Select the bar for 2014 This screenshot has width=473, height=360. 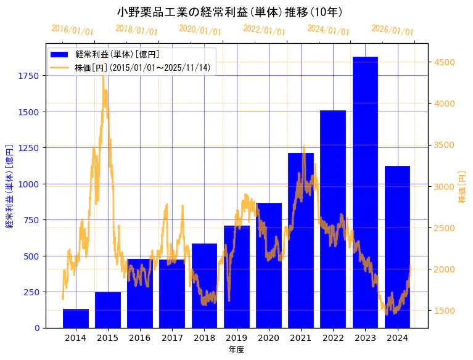[76, 318]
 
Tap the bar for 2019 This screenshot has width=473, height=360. [237, 277]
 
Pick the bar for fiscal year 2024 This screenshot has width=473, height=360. [397, 247]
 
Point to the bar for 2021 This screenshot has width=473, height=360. [301, 240]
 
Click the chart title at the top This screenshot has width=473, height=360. [229, 12]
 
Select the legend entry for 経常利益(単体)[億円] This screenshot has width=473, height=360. [117, 55]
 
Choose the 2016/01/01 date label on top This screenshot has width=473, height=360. [72, 30]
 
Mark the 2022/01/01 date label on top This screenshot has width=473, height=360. [264, 30]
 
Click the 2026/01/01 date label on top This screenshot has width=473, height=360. [392, 30]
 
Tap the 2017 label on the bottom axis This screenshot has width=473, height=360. [172, 338]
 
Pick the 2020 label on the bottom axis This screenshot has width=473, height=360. [269, 338]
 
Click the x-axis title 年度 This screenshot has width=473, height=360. [236, 350]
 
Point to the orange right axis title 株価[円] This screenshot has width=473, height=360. [462, 187]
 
